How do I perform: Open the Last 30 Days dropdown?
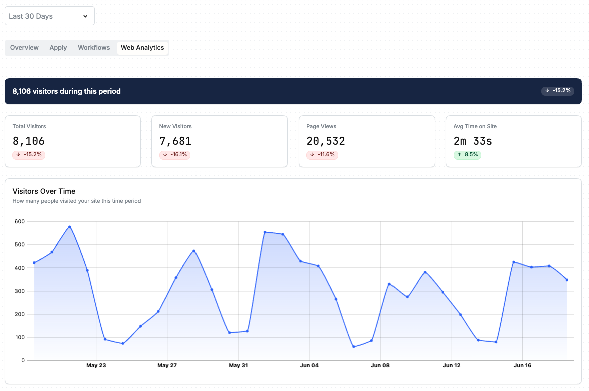click(49, 16)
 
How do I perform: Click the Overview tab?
click(24, 47)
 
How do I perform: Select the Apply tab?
click(58, 47)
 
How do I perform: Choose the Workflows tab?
click(94, 47)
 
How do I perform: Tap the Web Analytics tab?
click(142, 48)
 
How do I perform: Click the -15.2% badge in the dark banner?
click(558, 91)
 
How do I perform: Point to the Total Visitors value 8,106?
click(29, 141)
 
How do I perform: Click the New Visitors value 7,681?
click(175, 141)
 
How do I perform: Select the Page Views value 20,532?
click(326, 141)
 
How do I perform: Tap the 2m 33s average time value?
click(473, 141)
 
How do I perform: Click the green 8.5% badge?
click(467, 155)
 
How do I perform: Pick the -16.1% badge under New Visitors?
click(175, 155)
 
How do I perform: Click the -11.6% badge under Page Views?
click(322, 155)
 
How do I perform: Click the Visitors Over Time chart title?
click(44, 191)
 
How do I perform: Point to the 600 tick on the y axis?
click(20, 221)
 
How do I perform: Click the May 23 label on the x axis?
click(96, 365)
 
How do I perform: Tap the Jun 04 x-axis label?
click(309, 365)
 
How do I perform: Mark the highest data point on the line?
click(70, 227)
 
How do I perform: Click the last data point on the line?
click(567, 280)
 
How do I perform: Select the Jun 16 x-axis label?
click(522, 365)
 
